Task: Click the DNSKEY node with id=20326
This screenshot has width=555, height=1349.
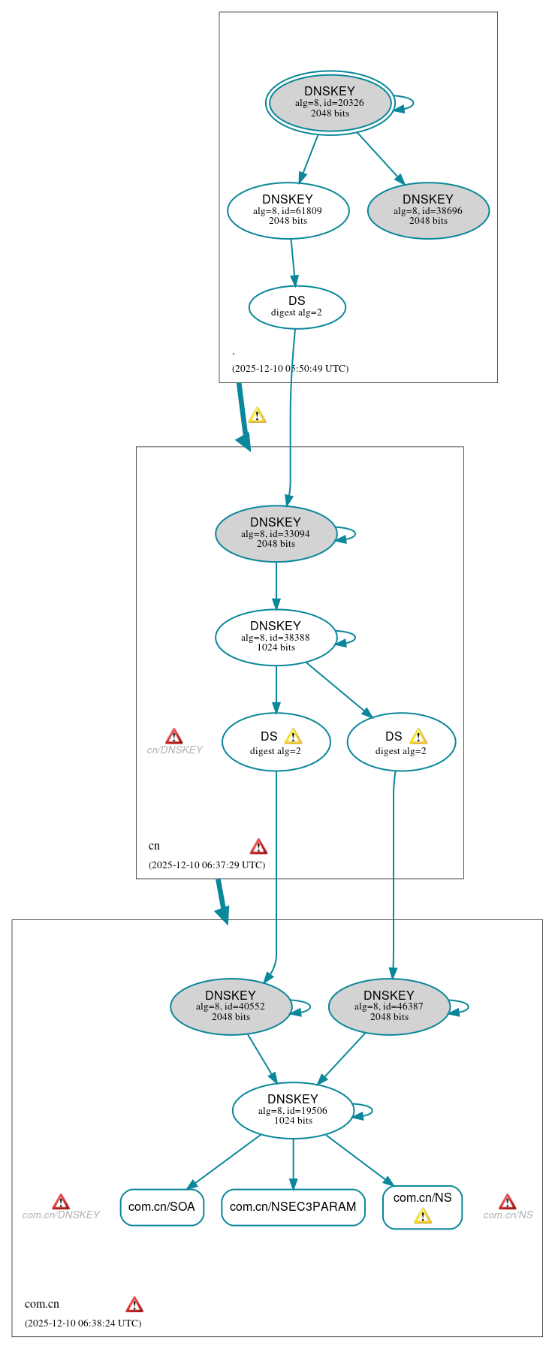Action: pyautogui.click(x=330, y=103)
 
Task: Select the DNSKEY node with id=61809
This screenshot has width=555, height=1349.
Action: pyautogui.click(x=288, y=210)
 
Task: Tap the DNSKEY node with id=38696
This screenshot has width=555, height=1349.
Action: pyautogui.click(x=428, y=210)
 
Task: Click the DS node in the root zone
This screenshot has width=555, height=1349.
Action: pyautogui.click(x=297, y=306)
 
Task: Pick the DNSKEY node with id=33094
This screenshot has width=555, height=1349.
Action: pyautogui.click(x=276, y=533)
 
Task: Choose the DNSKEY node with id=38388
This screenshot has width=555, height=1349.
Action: pyautogui.click(x=276, y=637)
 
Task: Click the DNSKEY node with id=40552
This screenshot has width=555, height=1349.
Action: pyautogui.click(x=231, y=1006)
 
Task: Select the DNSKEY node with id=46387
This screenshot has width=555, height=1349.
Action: pyautogui.click(x=389, y=1006)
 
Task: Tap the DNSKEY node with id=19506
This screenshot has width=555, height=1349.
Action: pyautogui.click(x=293, y=1110)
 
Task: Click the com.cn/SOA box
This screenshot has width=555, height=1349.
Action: pyautogui.click(x=161, y=1207)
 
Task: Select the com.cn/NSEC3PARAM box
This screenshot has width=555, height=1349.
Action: pyautogui.click(x=293, y=1207)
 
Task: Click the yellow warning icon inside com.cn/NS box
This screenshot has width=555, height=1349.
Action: pyautogui.click(x=423, y=1216)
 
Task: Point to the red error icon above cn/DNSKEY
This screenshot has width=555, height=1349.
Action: pyautogui.click(x=173, y=736)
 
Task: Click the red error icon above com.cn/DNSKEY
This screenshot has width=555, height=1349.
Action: pyautogui.click(x=61, y=1202)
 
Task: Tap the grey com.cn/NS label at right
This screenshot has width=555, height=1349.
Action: pyautogui.click(x=508, y=1215)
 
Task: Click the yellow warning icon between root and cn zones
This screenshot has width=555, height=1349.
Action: pyautogui.click(x=257, y=415)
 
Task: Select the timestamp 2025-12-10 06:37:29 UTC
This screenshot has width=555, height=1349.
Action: pyautogui.click(x=207, y=865)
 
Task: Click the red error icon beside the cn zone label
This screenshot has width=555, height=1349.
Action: pyautogui.click(x=258, y=847)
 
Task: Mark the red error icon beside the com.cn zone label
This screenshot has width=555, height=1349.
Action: pyautogui.click(x=134, y=1304)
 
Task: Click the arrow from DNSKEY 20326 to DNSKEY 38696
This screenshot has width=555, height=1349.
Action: pyautogui.click(x=381, y=158)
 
